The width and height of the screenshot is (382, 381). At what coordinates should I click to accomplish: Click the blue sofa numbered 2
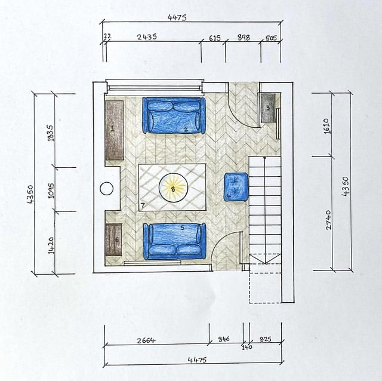click(174, 115)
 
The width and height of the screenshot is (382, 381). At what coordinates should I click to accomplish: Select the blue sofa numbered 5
click(174, 241)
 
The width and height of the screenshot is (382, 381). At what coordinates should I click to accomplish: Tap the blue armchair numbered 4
click(236, 186)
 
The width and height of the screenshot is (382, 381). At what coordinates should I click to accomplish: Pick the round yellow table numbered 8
click(173, 189)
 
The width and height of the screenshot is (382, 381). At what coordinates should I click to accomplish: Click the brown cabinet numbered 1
click(114, 130)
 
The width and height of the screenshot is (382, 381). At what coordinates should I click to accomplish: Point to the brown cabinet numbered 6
click(113, 239)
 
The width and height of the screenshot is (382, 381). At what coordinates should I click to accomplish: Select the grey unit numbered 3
click(267, 107)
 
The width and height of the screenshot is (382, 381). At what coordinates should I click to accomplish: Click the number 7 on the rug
click(143, 206)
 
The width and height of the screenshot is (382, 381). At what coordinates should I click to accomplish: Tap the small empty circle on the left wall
click(106, 189)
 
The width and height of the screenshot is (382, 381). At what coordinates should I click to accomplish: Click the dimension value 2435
click(146, 37)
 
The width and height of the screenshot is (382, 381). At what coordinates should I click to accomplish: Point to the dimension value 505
click(270, 38)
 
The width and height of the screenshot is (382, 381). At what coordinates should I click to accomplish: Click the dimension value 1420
click(50, 245)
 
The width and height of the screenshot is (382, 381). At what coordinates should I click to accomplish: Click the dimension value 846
click(223, 339)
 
